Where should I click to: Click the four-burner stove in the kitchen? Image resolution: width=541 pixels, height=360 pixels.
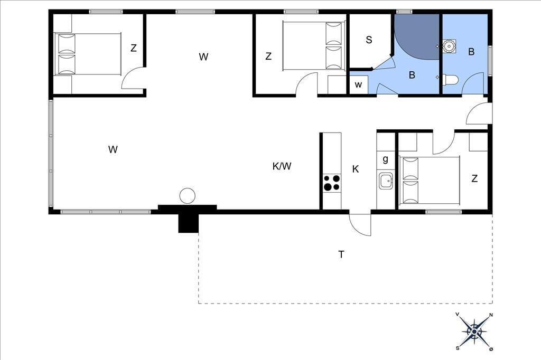click(x=332, y=183)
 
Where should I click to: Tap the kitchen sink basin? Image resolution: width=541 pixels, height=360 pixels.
click(x=386, y=181)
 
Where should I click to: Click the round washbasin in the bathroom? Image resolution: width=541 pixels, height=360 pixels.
click(x=449, y=45)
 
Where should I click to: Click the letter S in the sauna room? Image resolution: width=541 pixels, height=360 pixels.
click(x=369, y=40)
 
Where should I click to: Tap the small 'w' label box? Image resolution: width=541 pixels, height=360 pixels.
click(x=359, y=84)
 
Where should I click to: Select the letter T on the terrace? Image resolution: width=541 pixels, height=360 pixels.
click(x=341, y=254)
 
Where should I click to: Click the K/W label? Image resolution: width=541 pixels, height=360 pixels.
click(x=282, y=166)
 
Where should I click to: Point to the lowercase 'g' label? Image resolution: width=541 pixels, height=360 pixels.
click(x=385, y=159)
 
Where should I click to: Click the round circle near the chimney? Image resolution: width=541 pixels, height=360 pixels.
click(x=188, y=196)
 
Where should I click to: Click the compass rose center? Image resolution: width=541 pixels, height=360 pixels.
click(x=474, y=331)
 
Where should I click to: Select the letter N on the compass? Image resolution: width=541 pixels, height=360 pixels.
click(x=491, y=315)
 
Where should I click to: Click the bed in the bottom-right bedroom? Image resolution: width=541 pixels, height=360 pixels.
click(x=429, y=179)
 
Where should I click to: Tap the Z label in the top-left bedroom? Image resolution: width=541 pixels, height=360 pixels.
click(x=134, y=48)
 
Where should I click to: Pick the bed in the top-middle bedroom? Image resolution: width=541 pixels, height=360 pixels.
click(x=314, y=46)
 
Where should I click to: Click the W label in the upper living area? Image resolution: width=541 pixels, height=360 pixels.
click(x=203, y=56)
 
